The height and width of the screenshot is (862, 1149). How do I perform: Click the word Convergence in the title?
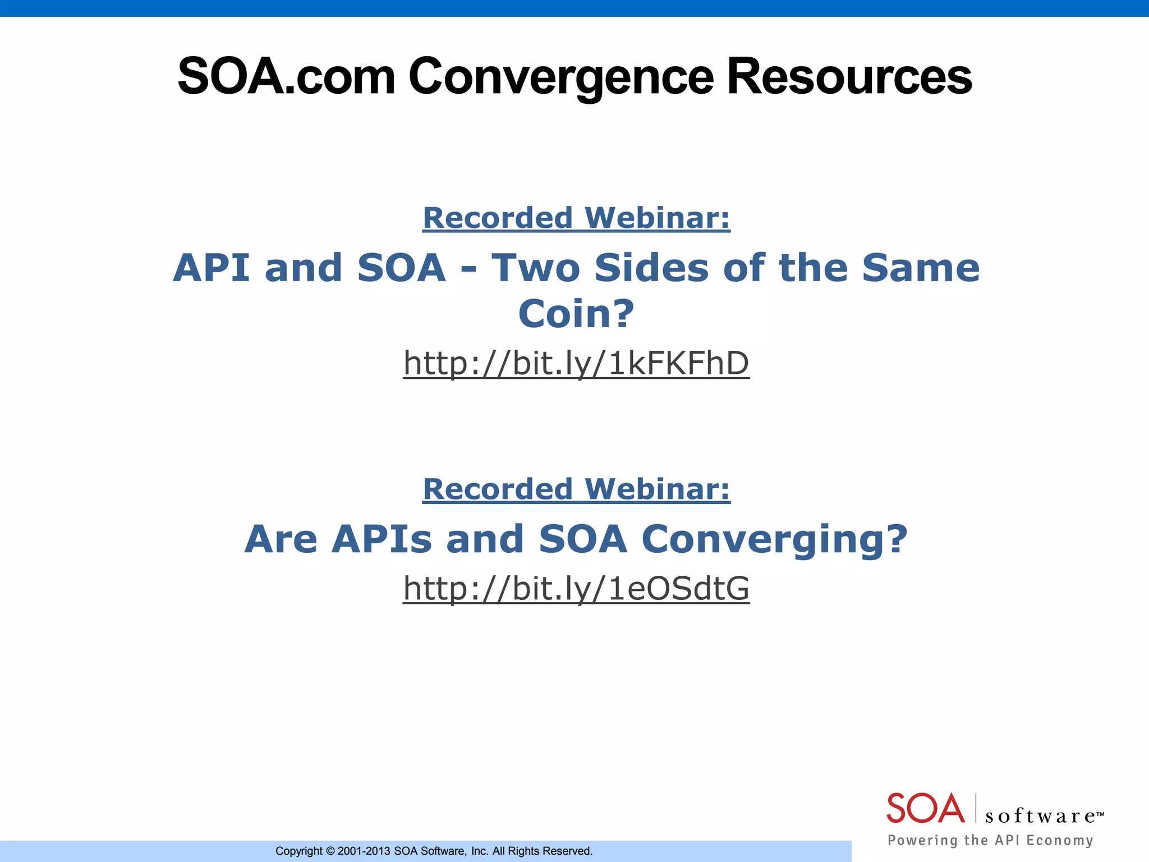tap(560, 77)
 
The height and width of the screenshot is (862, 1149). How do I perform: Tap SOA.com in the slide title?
tap(286, 77)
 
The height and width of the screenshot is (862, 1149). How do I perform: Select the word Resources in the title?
tap(849, 77)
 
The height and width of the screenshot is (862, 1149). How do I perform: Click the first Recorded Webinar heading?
tap(576, 218)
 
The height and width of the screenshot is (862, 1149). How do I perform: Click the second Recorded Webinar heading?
tap(576, 489)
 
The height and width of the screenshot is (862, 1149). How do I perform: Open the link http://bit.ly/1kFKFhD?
tap(576, 363)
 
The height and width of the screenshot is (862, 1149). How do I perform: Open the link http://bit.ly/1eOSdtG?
tap(576, 588)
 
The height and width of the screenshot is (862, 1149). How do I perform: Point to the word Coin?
tap(576, 314)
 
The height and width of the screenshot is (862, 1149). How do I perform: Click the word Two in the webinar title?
tap(536, 268)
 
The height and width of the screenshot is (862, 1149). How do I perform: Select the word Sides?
tap(652, 268)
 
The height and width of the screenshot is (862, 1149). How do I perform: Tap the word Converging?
tap(774, 539)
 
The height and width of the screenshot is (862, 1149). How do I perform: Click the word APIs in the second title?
tap(382, 539)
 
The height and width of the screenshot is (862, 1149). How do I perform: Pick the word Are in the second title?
tap(281, 539)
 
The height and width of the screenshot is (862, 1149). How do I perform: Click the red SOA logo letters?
tap(925, 809)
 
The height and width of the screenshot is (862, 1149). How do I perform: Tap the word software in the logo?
tap(1041, 816)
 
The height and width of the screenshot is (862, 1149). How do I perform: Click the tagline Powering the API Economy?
tap(990, 840)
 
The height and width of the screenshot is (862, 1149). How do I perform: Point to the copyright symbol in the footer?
tap(330, 851)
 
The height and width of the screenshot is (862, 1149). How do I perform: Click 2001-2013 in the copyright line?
tap(364, 851)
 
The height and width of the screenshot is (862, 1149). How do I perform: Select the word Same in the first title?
tap(920, 268)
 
